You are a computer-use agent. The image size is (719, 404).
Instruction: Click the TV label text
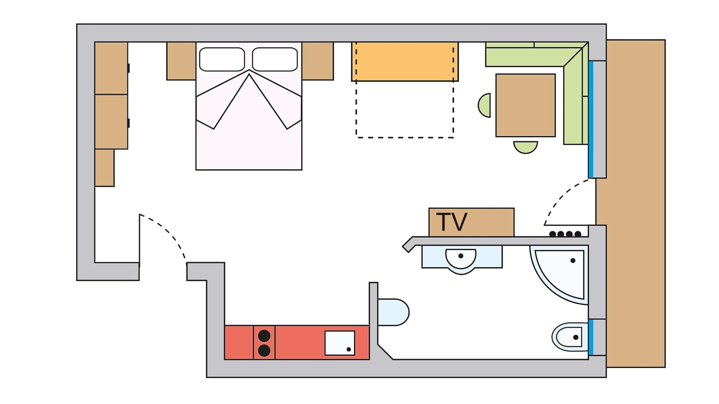coord(452,222)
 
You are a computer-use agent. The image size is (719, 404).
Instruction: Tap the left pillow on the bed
coord(222,59)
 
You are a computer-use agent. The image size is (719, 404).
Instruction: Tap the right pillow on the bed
coord(275,59)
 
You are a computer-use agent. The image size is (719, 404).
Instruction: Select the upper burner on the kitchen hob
coord(264,336)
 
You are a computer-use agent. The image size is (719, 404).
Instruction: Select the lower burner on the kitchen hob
coord(264,351)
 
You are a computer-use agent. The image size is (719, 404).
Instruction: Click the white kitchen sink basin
coord(340,343)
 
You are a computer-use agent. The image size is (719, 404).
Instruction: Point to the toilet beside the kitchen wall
coord(393,312)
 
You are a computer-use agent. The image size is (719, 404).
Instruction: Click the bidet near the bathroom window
coord(569,337)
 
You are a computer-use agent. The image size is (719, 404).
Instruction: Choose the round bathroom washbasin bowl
coord(461,258)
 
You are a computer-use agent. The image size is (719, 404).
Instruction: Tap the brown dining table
coord(525,105)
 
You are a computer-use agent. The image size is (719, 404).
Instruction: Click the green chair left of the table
coord(485,105)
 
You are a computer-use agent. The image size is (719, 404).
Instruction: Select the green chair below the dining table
coord(525,147)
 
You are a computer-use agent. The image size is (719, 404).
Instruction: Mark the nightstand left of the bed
coord(181,61)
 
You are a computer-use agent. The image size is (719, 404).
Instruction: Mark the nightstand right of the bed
coord(318,61)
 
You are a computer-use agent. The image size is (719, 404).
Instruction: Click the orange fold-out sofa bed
coord(404,62)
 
